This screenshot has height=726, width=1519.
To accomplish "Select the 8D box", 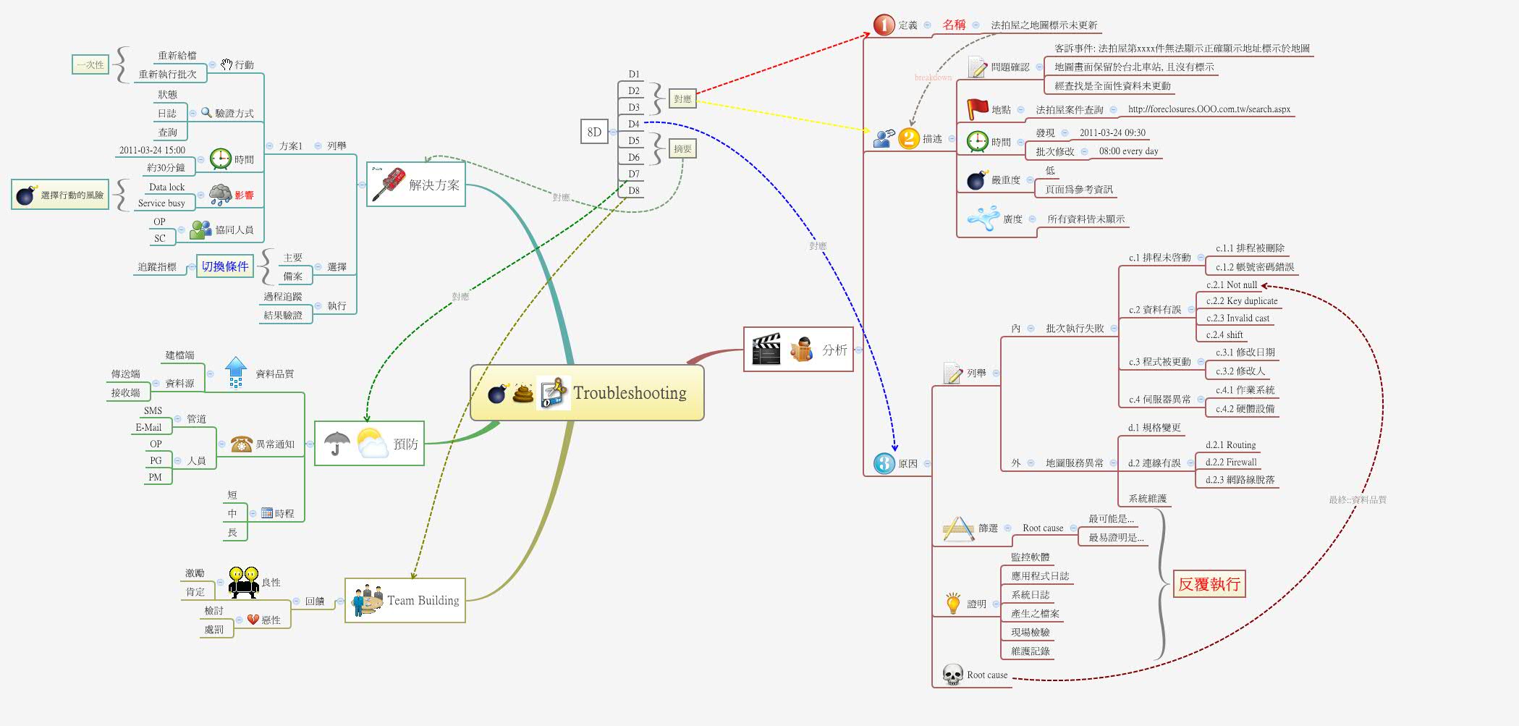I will pos(594,132).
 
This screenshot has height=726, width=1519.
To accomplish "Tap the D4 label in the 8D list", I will pos(634,124).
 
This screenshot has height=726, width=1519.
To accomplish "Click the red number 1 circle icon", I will pos(884,25).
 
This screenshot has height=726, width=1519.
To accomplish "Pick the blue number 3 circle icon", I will pos(884,463).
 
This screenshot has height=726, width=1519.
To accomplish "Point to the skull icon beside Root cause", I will pos(952,675).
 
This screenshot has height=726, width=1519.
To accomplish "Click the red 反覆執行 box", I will pos(1209,584).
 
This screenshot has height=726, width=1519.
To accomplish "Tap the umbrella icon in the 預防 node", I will pos(337,443).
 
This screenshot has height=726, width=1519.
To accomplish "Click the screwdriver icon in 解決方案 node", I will pos(388,185).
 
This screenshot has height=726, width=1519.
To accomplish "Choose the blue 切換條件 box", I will pos(225,266).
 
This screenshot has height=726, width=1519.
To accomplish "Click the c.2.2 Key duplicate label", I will pos(1242,301).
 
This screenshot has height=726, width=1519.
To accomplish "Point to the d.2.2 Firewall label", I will pos(1231,463).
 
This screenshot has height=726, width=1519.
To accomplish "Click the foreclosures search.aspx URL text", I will pos(1209,109).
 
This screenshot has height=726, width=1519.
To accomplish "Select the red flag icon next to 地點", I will pos(977,109).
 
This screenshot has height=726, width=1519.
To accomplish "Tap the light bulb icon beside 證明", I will pos(953,603).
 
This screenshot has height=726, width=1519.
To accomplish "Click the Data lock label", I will pos(167,187).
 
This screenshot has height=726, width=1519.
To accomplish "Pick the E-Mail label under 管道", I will pos(148,428).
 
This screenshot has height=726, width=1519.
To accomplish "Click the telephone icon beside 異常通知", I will pos(241,444).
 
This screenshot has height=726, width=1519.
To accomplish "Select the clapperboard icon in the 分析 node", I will pos(766,350).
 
